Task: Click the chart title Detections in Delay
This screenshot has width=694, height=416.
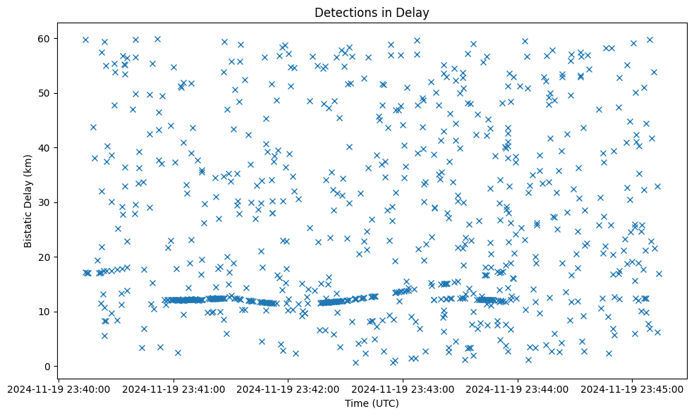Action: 372,13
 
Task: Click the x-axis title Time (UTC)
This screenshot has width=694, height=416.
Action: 372,403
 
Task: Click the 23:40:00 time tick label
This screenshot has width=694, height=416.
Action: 59,389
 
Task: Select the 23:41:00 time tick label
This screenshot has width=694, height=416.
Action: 173,389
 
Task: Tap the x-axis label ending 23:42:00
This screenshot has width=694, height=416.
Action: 288,389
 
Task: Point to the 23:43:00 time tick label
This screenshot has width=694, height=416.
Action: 403,389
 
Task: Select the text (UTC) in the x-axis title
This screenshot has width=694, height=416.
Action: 385,403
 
